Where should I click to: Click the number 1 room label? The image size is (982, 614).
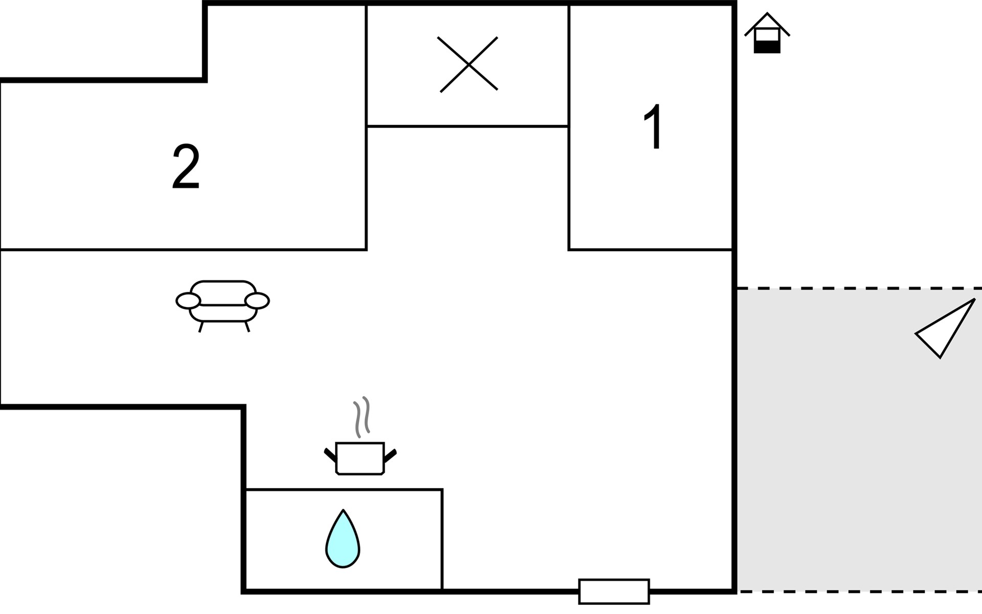click(x=653, y=126)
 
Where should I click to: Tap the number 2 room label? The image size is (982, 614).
click(x=186, y=167)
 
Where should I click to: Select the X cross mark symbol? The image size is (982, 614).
click(x=468, y=64)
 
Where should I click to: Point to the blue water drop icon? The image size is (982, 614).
click(x=343, y=540)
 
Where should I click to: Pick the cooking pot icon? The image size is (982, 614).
click(x=360, y=458)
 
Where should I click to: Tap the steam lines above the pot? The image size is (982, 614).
click(x=362, y=416)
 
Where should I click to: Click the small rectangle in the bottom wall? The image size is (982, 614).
click(x=614, y=591)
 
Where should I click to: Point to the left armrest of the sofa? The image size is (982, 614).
click(x=188, y=301)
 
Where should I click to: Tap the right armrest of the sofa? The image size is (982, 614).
click(x=257, y=301)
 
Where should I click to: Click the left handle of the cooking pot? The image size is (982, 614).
click(x=329, y=454)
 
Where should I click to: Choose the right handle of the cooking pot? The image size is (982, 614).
click(x=391, y=454)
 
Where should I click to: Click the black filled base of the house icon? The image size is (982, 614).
click(x=767, y=47)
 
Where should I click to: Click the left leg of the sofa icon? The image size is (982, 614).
click(x=201, y=327)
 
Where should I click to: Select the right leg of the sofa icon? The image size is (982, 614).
click(x=248, y=327)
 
